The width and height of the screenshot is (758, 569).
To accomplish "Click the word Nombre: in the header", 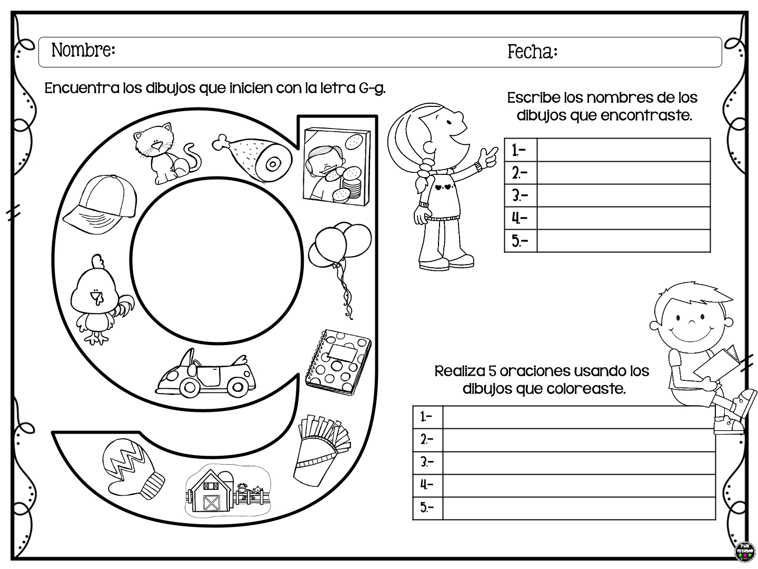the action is [x=83, y=51].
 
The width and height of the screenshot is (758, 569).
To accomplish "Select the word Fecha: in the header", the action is [x=532, y=52].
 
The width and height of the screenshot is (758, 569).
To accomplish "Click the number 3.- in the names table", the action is [x=520, y=196].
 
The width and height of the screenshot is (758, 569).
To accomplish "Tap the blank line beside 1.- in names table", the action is [x=623, y=150].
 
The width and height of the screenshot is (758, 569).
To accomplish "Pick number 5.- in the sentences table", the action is [x=427, y=508].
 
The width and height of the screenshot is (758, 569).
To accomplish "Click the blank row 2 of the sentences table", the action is [x=579, y=440].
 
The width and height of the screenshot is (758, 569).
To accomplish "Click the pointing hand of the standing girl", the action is [x=490, y=155].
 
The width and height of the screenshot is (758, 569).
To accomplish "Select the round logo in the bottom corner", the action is [x=744, y=552].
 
